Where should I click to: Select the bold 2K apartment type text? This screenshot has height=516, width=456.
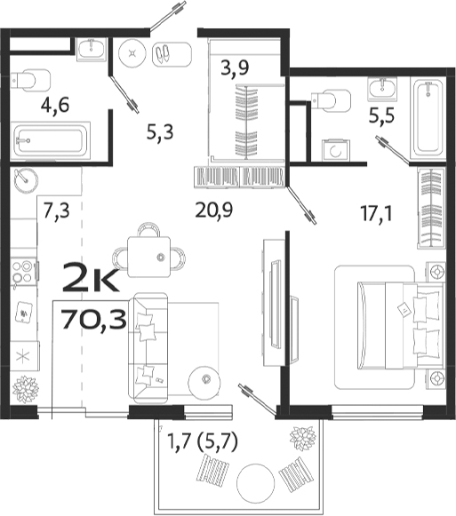point(90,282)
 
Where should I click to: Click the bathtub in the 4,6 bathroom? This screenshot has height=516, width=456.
point(51,140)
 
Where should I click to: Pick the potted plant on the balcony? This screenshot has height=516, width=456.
point(305,439)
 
